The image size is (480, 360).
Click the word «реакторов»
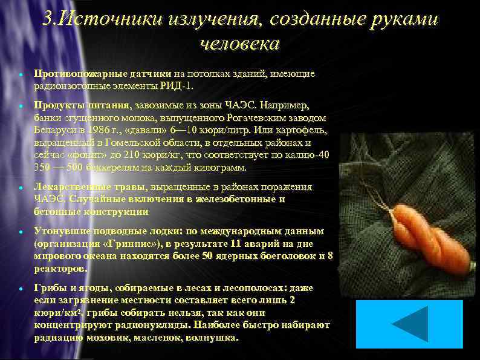click(x=60, y=268)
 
